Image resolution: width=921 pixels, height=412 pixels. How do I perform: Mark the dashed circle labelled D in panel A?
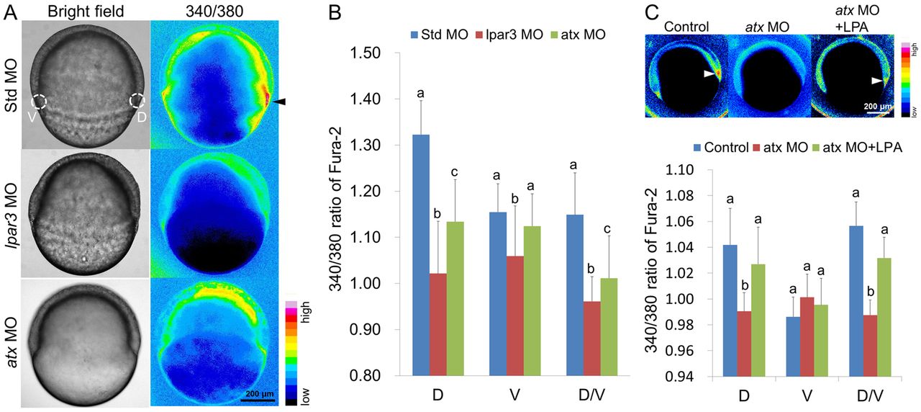point(137,102)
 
